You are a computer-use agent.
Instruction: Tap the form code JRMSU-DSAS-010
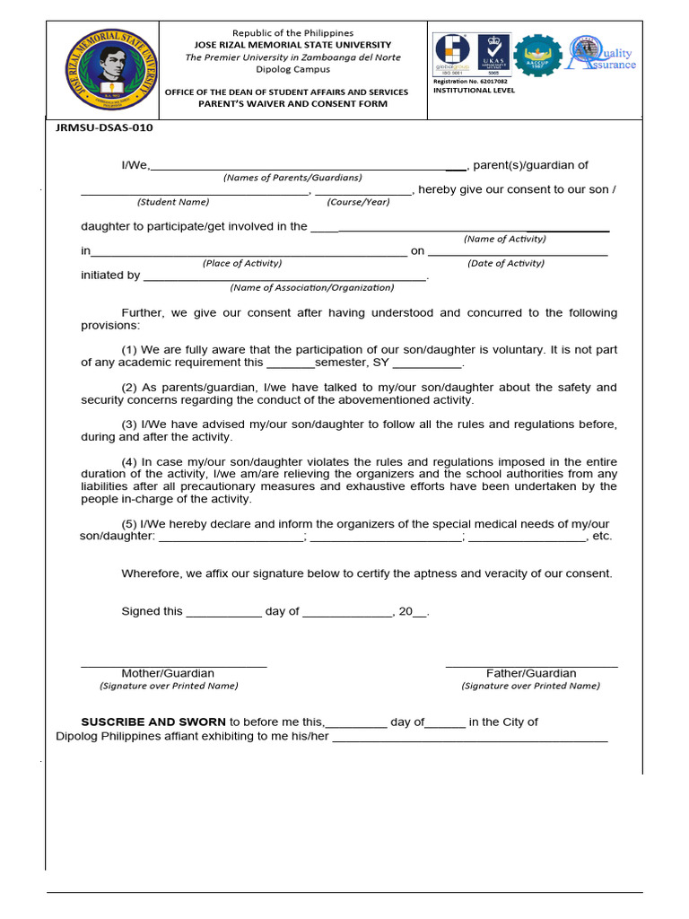tap(105, 127)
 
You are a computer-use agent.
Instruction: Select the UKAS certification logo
tap(493, 55)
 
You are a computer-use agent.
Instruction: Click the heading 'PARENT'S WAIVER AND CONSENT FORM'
tap(293, 104)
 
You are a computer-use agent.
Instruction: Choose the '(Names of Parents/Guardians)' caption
tap(292, 178)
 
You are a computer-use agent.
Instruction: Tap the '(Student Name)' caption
tap(173, 202)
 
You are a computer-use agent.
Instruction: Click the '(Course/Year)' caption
tap(358, 202)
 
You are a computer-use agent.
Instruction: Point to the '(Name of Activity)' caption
tap(504, 239)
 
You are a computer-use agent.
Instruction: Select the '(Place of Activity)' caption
tap(242, 263)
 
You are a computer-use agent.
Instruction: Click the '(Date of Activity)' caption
tap(506, 263)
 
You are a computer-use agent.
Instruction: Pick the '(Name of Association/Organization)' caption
tap(311, 287)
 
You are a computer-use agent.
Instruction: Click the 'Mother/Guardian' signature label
tap(168, 673)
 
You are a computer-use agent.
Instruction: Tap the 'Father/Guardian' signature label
tap(531, 673)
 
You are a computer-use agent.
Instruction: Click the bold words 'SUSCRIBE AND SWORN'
tap(153, 722)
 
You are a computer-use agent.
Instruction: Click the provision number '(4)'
tap(129, 461)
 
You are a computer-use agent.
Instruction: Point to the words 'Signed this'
tap(152, 611)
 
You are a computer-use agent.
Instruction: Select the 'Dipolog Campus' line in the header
tap(293, 69)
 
